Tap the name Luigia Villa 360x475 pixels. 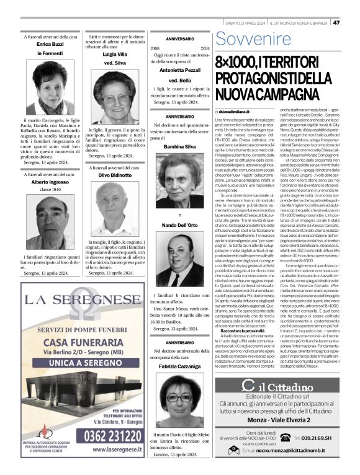click(x=114, y=55)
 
